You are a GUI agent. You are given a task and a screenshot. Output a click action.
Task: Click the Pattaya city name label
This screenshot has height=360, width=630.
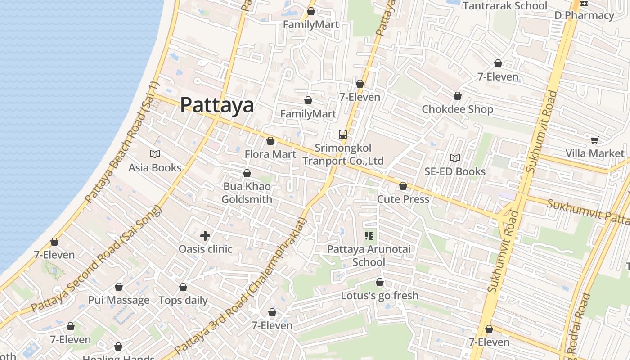217,105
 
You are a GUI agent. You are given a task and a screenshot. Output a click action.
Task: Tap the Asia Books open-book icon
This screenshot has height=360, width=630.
155,154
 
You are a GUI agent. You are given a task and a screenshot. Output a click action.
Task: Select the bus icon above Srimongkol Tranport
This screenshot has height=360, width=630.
343,134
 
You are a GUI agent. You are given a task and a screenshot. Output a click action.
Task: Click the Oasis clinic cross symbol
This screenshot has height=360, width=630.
205,236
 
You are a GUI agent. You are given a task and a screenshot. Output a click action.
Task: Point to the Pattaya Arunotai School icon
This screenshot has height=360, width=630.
369,236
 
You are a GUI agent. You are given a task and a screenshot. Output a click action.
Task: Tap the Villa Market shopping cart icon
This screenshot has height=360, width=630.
594,140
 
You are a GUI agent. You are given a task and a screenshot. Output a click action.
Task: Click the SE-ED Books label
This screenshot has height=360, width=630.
455,171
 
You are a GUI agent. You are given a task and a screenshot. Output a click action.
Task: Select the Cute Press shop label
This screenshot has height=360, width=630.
403,199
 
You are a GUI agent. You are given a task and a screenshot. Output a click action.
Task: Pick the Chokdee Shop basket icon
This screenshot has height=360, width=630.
458,96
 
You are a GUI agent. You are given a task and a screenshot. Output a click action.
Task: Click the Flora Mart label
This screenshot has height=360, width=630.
270,154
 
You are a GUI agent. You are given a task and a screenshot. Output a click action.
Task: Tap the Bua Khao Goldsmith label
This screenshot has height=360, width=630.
247,193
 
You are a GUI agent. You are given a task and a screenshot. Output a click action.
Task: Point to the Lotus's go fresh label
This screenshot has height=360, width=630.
379,296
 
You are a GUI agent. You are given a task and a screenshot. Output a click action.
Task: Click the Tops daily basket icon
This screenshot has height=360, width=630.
183,287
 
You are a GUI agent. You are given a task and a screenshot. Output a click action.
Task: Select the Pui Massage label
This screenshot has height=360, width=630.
119,300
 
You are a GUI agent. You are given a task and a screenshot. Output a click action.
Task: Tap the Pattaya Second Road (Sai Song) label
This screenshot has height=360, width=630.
96,259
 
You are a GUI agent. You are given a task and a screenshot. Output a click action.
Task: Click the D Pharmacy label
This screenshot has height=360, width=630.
584,15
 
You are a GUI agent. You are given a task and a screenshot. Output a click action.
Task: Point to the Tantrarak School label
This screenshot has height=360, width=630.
505,6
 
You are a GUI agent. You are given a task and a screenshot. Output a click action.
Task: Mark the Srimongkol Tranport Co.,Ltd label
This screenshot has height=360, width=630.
343,154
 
